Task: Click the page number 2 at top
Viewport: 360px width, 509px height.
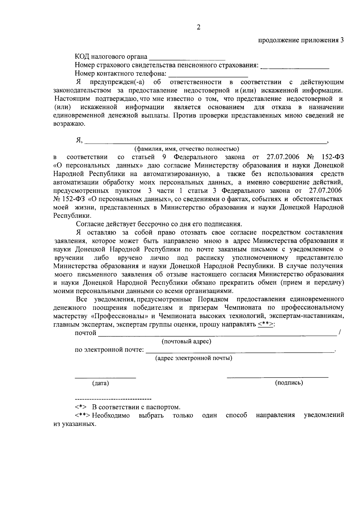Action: [x=198, y=27]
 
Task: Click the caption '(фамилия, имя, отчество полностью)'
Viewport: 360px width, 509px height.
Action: [x=187, y=149]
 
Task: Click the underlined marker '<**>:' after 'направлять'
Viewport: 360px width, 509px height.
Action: [x=266, y=324]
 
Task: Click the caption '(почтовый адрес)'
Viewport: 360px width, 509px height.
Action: [x=186, y=342]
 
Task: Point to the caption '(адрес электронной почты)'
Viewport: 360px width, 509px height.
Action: [x=193, y=358]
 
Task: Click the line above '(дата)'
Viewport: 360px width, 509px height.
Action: [x=105, y=377]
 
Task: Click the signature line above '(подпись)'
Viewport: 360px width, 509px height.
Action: [x=277, y=376]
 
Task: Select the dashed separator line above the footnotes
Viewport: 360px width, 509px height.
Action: [x=113, y=399]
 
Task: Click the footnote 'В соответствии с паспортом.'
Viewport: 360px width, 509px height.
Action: [x=136, y=407]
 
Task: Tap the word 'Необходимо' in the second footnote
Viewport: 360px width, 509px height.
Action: [x=111, y=415]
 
